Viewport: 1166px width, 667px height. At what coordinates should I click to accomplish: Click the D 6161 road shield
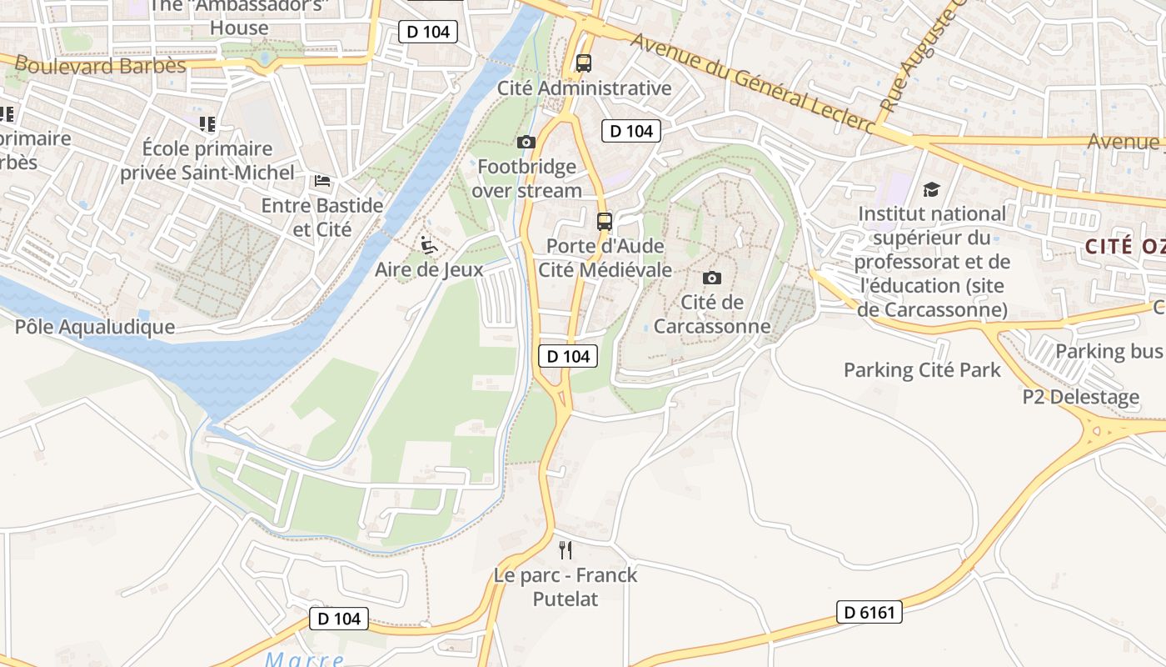pyautogui.click(x=869, y=613)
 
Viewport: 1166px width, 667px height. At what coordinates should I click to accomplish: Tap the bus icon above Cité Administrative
pyautogui.click(x=584, y=63)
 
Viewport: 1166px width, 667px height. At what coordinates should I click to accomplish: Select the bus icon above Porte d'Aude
pyautogui.click(x=605, y=222)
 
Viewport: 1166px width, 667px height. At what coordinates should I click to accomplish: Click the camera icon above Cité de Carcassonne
pyautogui.click(x=712, y=278)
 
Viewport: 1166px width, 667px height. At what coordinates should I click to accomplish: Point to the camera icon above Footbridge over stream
pyautogui.click(x=526, y=142)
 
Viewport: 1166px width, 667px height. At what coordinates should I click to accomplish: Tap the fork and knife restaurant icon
pyautogui.click(x=566, y=549)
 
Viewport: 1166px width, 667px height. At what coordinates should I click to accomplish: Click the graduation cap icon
pyautogui.click(x=931, y=190)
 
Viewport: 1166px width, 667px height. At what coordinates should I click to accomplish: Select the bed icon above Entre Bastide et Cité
pyautogui.click(x=322, y=180)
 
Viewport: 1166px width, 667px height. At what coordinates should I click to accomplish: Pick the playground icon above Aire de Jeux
pyautogui.click(x=429, y=245)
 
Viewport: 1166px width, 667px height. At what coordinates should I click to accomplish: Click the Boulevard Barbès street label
pyautogui.click(x=100, y=65)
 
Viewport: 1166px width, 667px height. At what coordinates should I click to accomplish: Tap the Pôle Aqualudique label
pyautogui.click(x=95, y=327)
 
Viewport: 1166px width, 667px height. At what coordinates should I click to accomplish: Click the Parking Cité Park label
pyautogui.click(x=922, y=370)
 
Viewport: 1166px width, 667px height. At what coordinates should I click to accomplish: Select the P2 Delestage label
pyautogui.click(x=1080, y=397)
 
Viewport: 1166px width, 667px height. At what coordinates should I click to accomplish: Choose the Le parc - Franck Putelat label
pyautogui.click(x=566, y=587)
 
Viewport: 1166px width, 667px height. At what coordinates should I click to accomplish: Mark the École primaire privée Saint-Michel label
pyautogui.click(x=207, y=161)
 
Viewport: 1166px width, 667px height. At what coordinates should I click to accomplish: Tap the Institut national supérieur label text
pyautogui.click(x=932, y=262)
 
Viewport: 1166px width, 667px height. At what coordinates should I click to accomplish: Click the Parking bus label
pyautogui.click(x=1108, y=351)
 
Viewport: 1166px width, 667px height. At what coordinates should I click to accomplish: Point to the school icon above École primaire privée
pyautogui.click(x=207, y=124)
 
